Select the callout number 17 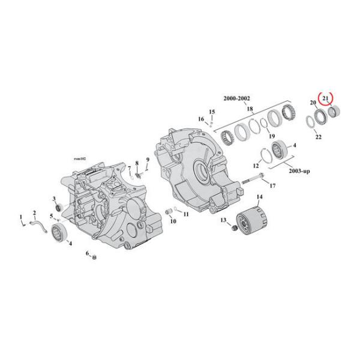272,186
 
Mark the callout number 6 88,254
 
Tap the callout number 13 223,221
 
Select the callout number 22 319,137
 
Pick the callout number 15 211,112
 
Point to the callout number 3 54,199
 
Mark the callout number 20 312,103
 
